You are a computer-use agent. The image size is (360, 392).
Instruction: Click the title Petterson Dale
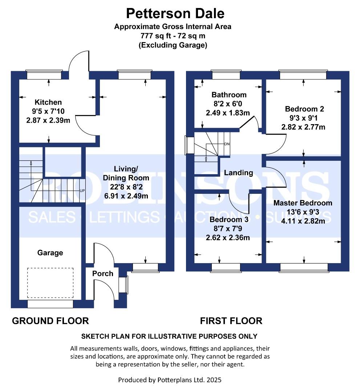175,13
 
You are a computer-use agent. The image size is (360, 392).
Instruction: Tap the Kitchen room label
48,102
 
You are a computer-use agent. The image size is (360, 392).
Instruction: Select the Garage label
50,253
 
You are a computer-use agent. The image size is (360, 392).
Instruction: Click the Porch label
102,274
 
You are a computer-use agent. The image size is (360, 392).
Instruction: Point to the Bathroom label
229,95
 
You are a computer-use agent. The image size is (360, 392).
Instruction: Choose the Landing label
238,173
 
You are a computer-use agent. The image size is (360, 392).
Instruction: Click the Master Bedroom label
303,203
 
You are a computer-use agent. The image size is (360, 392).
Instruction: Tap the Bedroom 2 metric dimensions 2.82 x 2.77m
303,127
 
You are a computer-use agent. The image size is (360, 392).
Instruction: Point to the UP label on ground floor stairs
82,191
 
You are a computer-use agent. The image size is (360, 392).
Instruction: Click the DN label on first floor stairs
227,144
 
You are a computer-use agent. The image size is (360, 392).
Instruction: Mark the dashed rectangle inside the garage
50,283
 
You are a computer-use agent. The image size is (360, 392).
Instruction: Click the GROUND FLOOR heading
50,321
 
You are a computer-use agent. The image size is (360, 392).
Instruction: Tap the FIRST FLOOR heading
231,321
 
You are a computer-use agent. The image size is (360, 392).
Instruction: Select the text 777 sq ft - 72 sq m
173,36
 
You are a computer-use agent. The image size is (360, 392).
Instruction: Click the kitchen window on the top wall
44,75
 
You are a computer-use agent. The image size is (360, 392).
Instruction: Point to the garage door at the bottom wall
50,304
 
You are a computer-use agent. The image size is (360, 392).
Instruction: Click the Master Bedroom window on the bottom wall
304,268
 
